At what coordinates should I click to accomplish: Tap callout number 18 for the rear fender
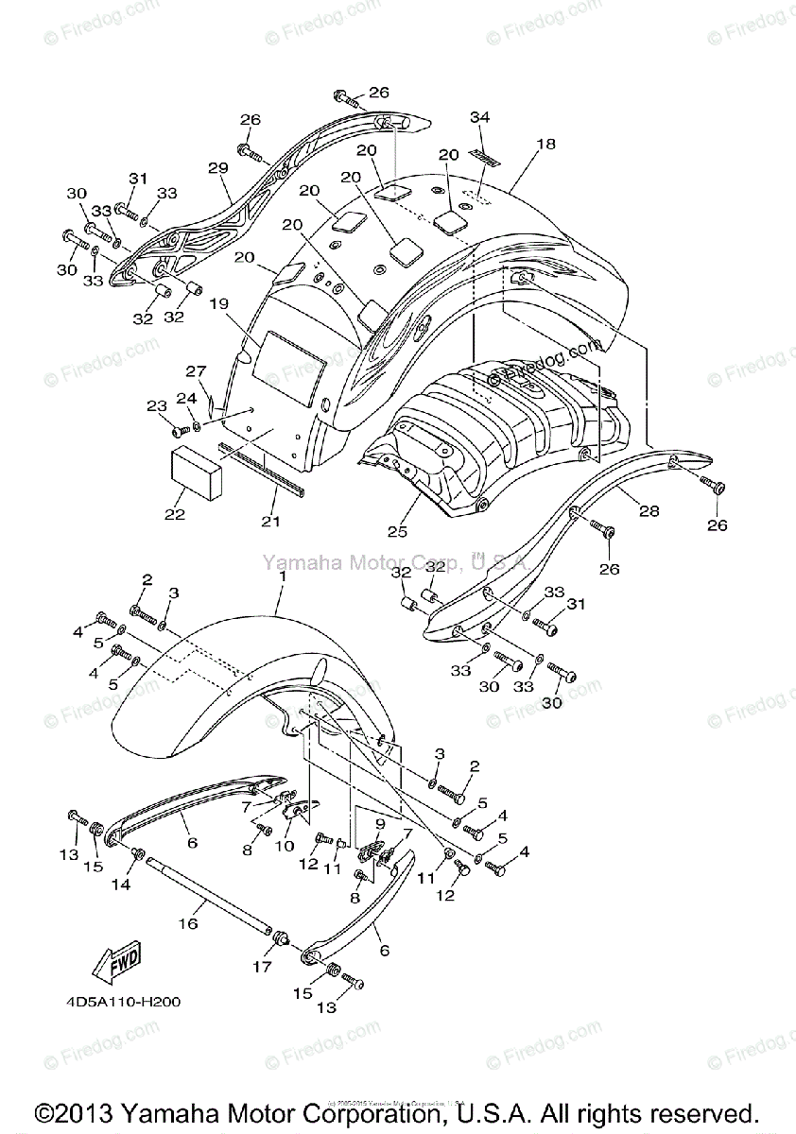(545, 145)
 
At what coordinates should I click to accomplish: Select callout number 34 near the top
(479, 116)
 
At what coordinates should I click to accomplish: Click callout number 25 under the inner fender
(397, 532)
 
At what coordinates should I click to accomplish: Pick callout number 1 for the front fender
(280, 588)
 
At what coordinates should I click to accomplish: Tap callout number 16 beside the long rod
(188, 923)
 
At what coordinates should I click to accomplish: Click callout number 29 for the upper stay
(218, 168)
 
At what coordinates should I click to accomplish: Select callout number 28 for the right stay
(648, 511)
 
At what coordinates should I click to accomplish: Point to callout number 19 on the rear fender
(218, 304)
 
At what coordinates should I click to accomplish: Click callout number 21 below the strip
(270, 521)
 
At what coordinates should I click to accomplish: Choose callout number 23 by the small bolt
(156, 406)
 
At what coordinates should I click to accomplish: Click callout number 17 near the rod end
(262, 967)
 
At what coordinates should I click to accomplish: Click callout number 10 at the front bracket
(285, 846)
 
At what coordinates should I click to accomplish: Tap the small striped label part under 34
(484, 157)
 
